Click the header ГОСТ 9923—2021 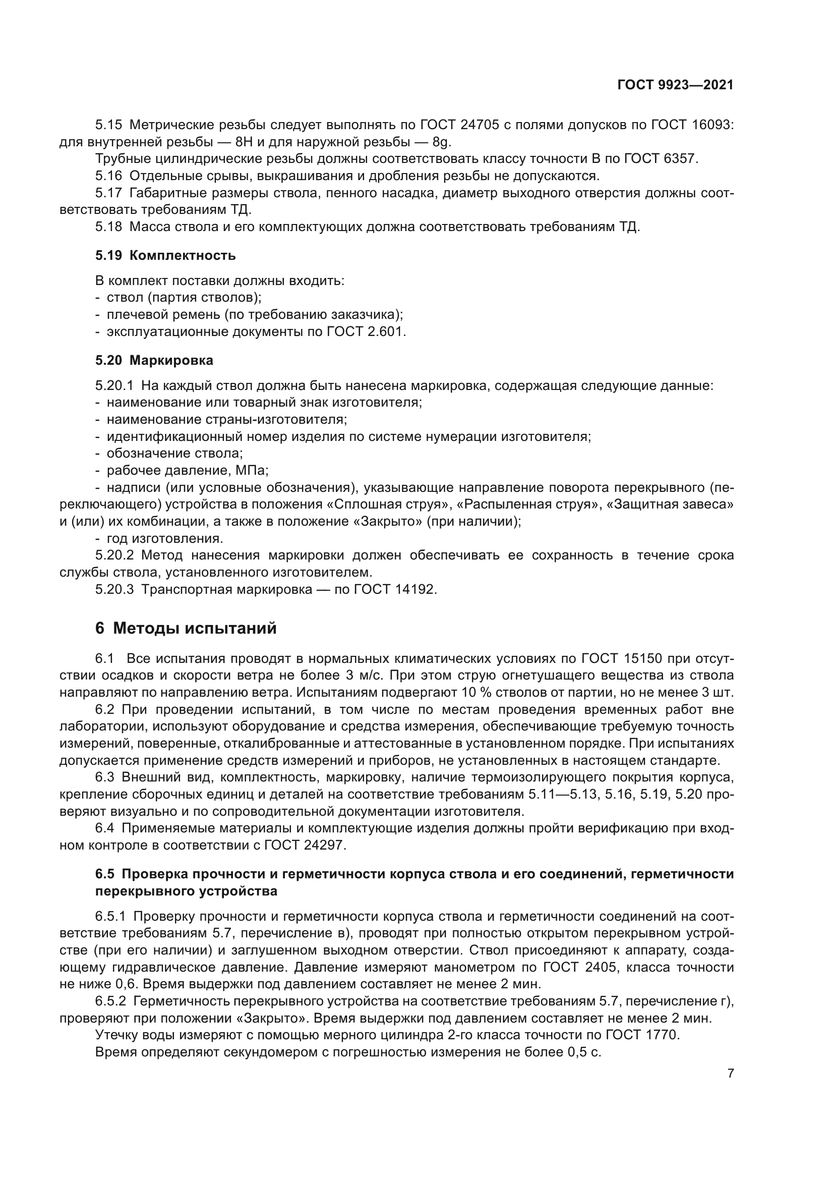675,85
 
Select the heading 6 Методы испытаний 186,628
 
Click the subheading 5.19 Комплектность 165,255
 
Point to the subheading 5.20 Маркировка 154,360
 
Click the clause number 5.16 108,176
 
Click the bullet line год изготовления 164,538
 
